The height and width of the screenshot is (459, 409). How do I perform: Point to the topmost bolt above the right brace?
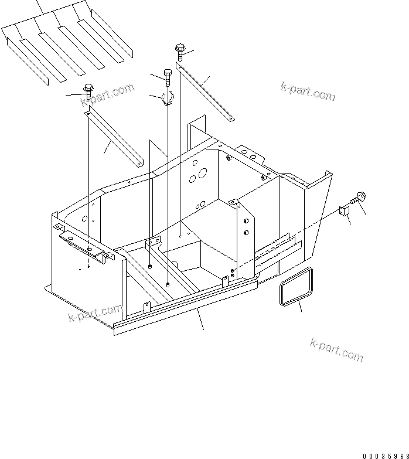pyautogui.click(x=179, y=52)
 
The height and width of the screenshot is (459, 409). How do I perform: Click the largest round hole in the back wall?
pyautogui.click(x=203, y=174)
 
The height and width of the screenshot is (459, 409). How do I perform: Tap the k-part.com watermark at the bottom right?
pyautogui.click(x=337, y=350)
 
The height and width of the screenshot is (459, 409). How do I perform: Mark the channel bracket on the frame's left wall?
pyautogui.click(x=82, y=243)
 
